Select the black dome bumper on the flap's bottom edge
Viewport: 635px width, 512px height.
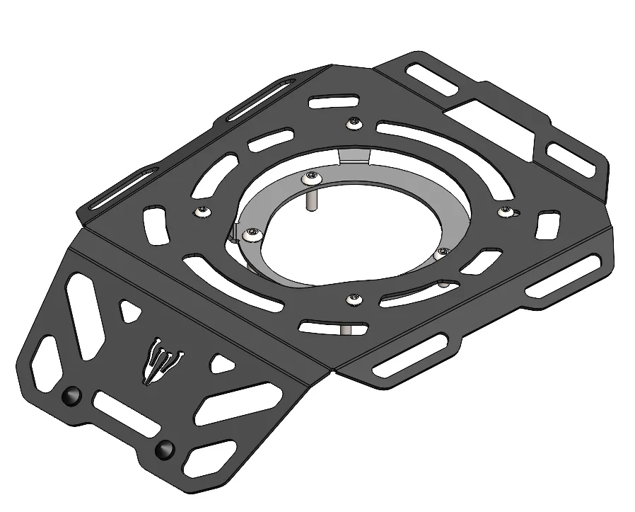(165, 448)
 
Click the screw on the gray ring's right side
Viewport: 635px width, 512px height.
(443, 251)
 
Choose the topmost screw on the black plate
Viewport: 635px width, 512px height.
(354, 124)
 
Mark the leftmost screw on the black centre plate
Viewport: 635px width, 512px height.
(203, 210)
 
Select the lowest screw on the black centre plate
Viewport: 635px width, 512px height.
(354, 300)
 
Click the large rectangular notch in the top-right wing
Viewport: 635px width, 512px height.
(488, 122)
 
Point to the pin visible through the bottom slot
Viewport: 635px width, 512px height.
(346, 329)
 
